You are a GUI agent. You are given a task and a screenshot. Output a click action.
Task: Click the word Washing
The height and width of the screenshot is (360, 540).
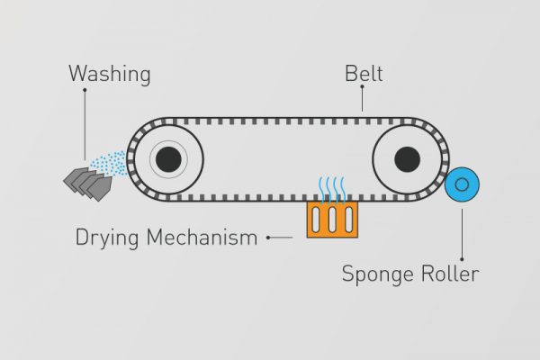point(110,74)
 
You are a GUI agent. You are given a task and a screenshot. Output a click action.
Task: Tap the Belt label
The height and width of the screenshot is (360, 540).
point(364,74)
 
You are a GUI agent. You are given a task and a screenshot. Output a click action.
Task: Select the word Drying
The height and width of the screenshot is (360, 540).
point(107,238)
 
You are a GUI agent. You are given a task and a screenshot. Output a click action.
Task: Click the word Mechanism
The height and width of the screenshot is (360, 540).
point(202,237)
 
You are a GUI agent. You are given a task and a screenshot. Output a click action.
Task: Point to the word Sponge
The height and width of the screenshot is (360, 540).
point(377,274)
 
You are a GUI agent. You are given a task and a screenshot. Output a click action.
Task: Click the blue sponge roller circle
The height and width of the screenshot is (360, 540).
point(462,184)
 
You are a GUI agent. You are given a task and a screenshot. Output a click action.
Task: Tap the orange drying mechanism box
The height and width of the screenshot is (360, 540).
point(332,220)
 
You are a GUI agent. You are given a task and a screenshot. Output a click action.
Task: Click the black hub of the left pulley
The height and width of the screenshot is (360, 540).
point(168,159)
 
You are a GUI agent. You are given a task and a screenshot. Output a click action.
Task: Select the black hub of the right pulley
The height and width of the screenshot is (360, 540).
point(407,159)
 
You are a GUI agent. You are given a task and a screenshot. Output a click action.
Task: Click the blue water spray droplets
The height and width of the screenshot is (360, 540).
point(109,164)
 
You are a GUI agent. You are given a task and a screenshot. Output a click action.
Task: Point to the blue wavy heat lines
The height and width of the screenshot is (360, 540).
point(332,189)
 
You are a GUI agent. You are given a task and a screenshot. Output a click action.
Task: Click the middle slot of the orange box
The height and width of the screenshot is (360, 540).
point(332,220)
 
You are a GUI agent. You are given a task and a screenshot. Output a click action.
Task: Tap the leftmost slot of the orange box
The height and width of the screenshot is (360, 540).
point(316,220)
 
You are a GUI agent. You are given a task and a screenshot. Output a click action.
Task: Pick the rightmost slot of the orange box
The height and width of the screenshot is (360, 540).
point(349,220)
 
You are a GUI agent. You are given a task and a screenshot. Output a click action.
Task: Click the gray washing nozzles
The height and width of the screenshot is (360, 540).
point(88,184)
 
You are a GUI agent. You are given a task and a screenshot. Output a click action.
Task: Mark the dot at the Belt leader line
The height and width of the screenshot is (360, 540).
point(362,86)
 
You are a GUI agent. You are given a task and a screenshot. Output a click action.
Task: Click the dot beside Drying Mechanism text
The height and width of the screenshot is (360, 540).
point(268,238)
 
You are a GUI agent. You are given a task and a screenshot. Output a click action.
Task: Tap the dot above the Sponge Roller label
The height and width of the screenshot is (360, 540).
point(462,259)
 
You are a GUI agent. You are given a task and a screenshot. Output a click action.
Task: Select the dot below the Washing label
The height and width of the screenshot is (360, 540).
point(85,90)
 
